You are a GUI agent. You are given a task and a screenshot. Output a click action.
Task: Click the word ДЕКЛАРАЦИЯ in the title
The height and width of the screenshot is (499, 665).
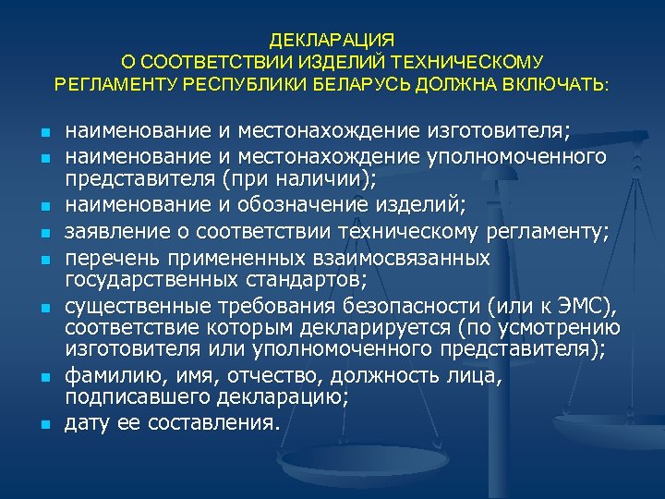coord(332,41)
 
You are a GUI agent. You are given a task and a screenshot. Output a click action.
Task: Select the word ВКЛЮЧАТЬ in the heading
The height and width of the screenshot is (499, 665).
coord(550,85)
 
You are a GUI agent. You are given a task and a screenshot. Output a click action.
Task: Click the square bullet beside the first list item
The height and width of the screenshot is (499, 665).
coord(43,130)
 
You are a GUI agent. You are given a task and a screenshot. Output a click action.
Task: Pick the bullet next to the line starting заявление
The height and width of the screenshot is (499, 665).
coord(43,234)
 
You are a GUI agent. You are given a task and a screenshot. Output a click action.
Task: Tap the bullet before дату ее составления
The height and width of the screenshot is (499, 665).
coord(43,426)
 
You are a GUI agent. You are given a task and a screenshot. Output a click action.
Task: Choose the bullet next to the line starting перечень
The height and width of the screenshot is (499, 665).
coord(43,260)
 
